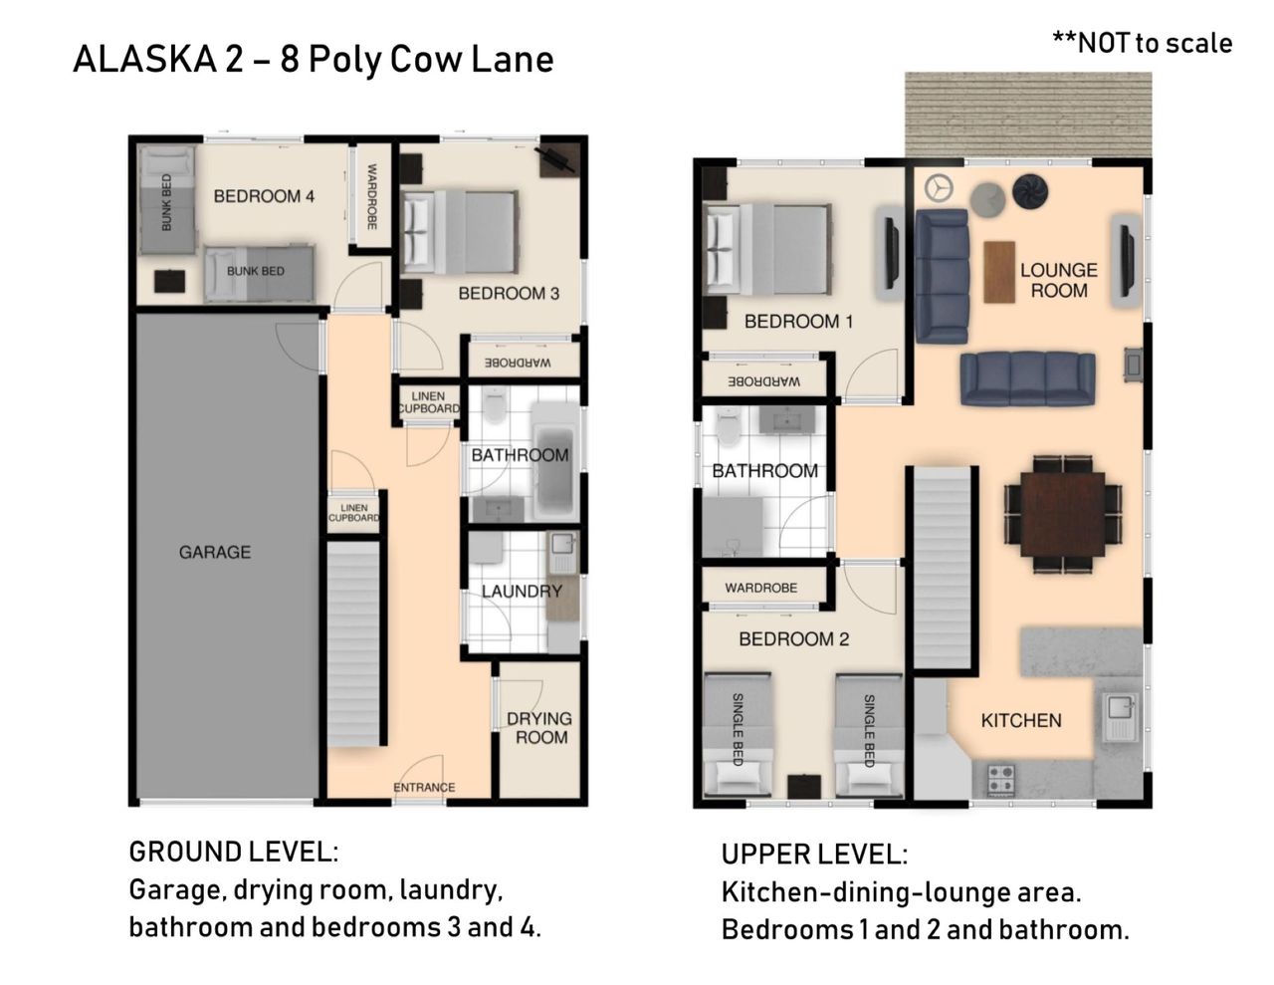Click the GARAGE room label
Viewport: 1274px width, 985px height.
[x=215, y=552]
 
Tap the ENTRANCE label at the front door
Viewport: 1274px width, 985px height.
[x=424, y=787]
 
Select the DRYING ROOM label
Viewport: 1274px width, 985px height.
[x=539, y=727]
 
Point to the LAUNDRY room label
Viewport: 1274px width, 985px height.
[x=522, y=591]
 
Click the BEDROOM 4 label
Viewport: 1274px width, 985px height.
[x=264, y=196]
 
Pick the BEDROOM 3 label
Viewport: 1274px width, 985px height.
[x=509, y=294]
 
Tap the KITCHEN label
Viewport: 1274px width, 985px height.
[x=1021, y=720]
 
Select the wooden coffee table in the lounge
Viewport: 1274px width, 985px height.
[x=999, y=272]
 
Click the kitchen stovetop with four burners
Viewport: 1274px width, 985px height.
[x=1001, y=779]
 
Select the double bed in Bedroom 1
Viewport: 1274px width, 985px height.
[x=766, y=249]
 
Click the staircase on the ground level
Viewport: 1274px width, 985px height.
[x=352, y=644]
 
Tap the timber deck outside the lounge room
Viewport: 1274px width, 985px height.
[x=1028, y=115]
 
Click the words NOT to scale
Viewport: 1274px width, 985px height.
[x=1155, y=44]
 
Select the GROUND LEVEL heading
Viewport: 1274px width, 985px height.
[x=233, y=852]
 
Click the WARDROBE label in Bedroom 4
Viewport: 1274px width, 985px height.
[x=371, y=196]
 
